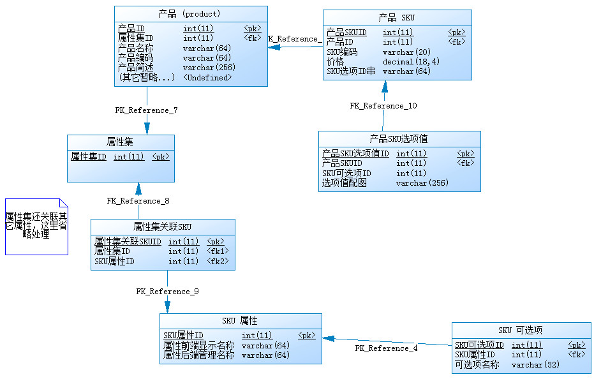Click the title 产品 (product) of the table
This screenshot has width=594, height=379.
[189, 13]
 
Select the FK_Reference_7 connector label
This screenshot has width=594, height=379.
[146, 110]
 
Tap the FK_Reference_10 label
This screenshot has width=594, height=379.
[383, 106]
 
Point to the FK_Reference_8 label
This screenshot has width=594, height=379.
[138, 201]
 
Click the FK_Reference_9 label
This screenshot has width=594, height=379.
[167, 292]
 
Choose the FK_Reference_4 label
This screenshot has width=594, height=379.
[386, 348]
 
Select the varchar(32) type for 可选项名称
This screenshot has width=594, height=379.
[535, 365]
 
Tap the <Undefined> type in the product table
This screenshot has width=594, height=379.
[207, 77]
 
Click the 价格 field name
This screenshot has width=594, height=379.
[335, 62]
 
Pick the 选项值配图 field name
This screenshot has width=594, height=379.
[344, 183]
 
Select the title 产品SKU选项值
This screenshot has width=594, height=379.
[399, 138]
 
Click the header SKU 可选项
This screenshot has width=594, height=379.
[521, 330]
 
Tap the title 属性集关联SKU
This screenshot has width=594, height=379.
[162, 227]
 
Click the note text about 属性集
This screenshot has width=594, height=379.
[36, 225]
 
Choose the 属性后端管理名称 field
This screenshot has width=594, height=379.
[198, 355]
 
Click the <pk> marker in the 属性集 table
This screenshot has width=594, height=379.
[161, 156]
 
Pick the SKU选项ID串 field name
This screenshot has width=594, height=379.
[351, 71]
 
